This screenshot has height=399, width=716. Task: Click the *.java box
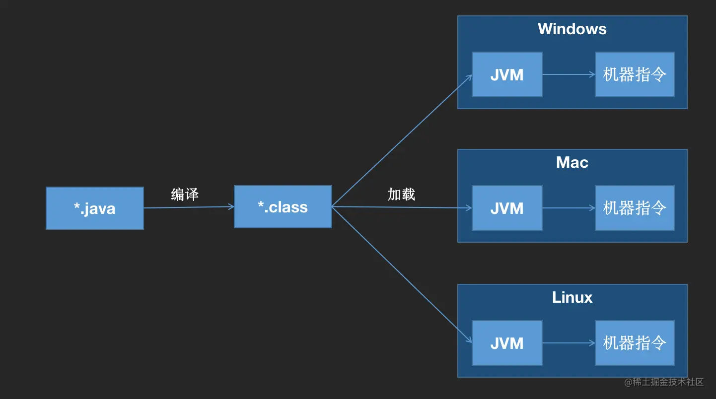pyautogui.click(x=95, y=208)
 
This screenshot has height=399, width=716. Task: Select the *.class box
pyautogui.click(x=283, y=206)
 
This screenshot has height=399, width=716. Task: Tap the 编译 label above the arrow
pyautogui.click(x=185, y=194)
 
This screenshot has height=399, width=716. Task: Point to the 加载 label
pyautogui.click(x=402, y=194)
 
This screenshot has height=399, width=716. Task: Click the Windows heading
pyautogui.click(x=572, y=29)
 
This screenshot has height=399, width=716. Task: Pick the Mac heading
pyautogui.click(x=572, y=162)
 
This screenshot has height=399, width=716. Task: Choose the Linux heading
pyautogui.click(x=572, y=297)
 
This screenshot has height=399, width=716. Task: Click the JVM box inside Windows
pyautogui.click(x=507, y=74)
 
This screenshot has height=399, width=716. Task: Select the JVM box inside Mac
pyautogui.click(x=507, y=208)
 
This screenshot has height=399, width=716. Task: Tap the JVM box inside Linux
pyautogui.click(x=507, y=343)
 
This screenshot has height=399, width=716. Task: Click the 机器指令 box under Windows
pyautogui.click(x=635, y=74)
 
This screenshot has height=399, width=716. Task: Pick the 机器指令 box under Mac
pyautogui.click(x=635, y=208)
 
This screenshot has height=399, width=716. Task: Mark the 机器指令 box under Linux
pyautogui.click(x=635, y=343)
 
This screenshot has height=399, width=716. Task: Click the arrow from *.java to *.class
pyautogui.click(x=189, y=207)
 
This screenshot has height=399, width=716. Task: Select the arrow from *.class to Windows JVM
pyautogui.click(x=402, y=140)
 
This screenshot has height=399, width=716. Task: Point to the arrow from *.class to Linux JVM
pyautogui.click(x=402, y=275)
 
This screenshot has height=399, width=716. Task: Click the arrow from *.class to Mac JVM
pyautogui.click(x=402, y=207)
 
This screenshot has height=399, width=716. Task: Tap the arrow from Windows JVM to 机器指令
pyautogui.click(x=569, y=74)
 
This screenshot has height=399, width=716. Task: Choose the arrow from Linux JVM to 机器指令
pyautogui.click(x=569, y=343)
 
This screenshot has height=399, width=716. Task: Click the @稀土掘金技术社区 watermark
pyautogui.click(x=664, y=382)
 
